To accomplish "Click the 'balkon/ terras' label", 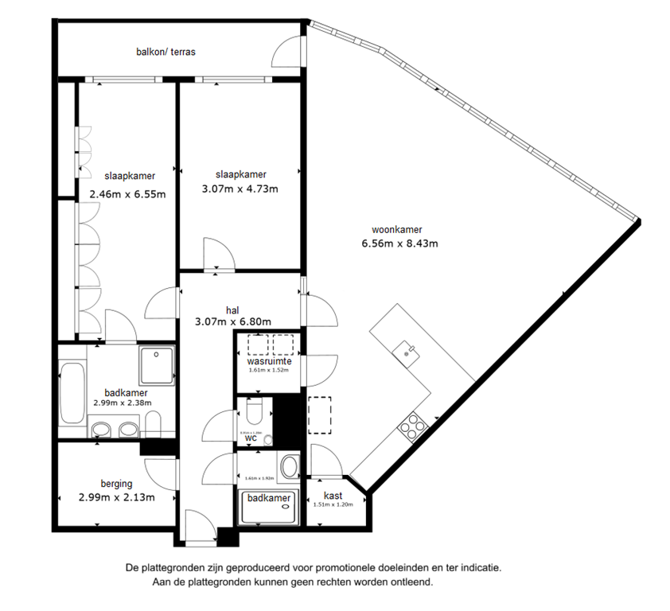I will (x=165, y=53).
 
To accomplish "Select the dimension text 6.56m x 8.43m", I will (x=400, y=244).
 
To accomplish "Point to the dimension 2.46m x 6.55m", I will (x=127, y=193).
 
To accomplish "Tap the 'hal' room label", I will (x=232, y=309).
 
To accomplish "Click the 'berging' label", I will (x=116, y=483).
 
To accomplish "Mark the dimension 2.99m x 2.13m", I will (x=116, y=497).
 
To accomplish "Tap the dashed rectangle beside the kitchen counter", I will (x=320, y=414).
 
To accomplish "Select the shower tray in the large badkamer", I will (x=157, y=363).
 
